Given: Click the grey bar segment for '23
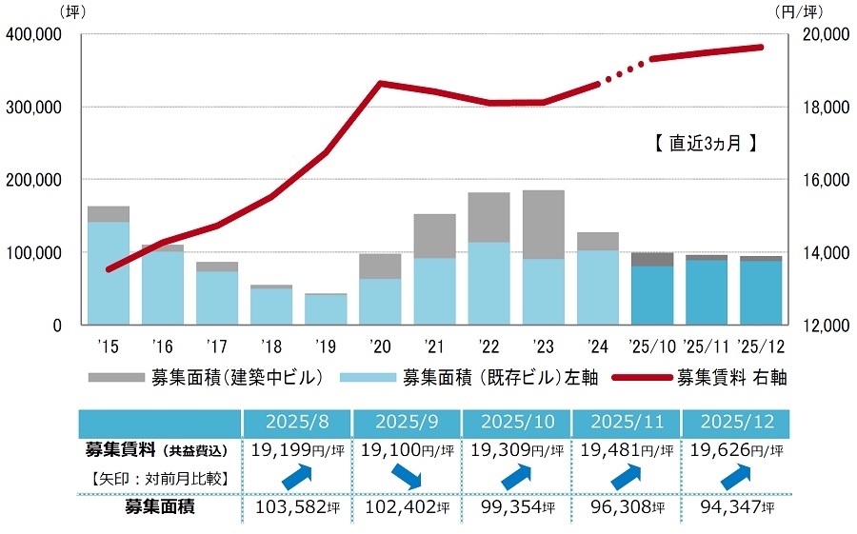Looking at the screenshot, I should click(x=543, y=225).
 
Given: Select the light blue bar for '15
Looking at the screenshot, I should click(x=109, y=273).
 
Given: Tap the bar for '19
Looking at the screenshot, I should click(x=326, y=309).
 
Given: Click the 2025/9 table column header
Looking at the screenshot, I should click(x=407, y=421).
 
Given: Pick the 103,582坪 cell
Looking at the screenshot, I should click(x=296, y=507).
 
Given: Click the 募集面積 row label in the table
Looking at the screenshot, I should click(x=159, y=507).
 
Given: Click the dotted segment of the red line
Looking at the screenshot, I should click(x=624, y=71).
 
